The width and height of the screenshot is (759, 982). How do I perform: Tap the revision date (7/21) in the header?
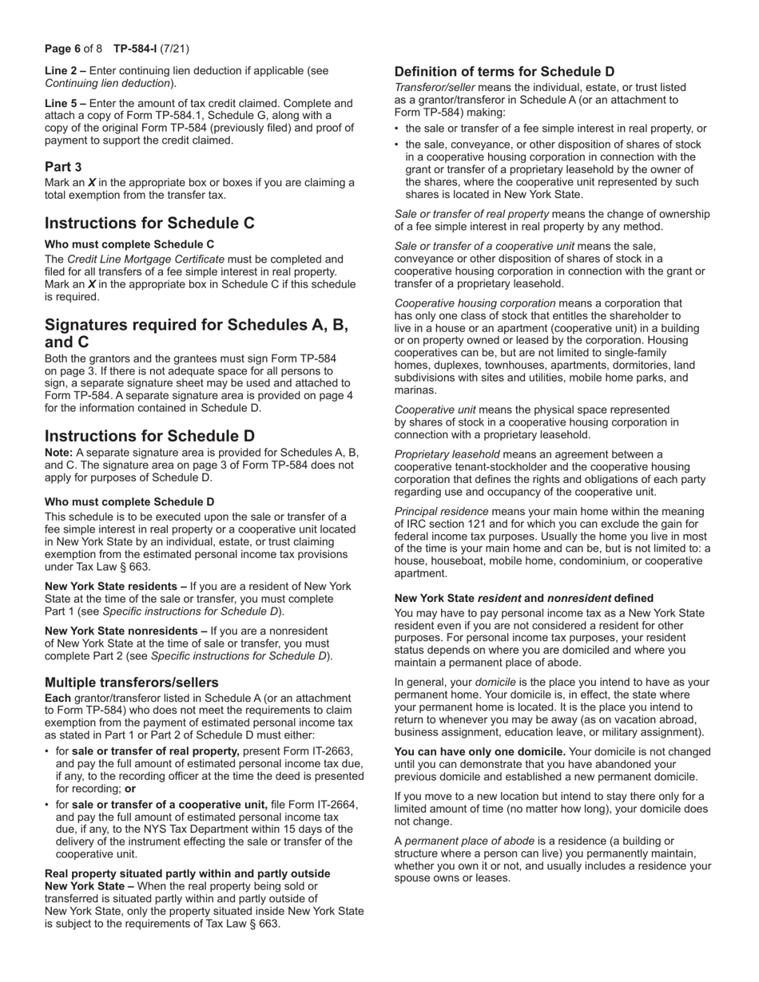176,48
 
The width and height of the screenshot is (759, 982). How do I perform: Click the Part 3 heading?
63,167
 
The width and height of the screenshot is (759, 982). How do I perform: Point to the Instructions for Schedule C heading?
149,223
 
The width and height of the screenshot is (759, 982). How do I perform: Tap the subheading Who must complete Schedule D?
129,502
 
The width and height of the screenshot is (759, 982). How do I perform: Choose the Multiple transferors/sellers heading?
132,683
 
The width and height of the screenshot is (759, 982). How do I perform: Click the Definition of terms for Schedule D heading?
505,71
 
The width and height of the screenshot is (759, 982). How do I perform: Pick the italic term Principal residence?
441,511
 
